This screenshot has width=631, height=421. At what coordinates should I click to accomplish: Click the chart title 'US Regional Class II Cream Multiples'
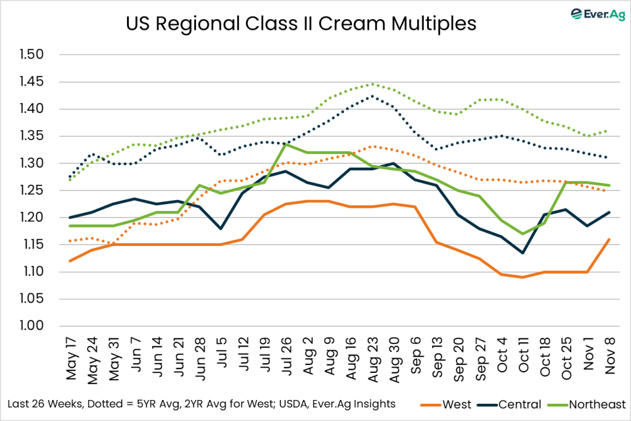pos(301,24)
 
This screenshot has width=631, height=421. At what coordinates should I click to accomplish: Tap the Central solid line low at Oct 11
pos(523,253)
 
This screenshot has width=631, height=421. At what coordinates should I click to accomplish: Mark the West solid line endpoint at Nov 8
pos(609,239)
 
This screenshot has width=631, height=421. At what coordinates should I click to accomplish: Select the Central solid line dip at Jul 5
pos(221,228)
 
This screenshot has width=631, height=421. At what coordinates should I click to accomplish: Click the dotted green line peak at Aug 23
pos(372,84)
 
